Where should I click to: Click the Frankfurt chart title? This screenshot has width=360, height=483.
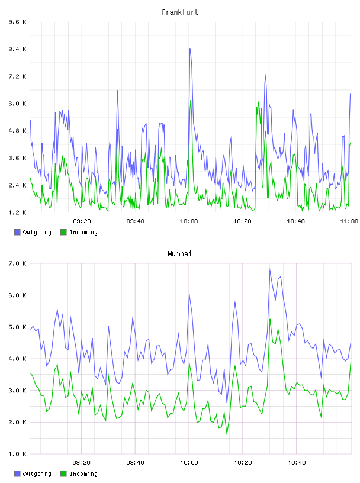(180, 12)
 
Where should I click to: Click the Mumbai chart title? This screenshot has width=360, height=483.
(179, 254)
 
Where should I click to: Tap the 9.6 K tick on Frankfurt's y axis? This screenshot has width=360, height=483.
(18, 22)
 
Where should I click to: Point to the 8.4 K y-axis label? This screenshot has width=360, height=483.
(18, 49)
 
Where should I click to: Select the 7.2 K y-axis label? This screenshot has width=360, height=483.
(18, 76)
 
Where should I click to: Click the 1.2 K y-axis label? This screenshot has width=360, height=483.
(18, 212)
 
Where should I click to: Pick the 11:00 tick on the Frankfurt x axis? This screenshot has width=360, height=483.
(349, 221)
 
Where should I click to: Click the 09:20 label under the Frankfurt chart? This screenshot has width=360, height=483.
(82, 221)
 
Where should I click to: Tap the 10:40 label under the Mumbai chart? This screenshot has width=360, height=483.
(297, 462)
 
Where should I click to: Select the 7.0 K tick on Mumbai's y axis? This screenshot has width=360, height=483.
(18, 263)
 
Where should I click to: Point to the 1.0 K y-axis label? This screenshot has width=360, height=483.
(18, 454)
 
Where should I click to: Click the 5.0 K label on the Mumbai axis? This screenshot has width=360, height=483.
(18, 327)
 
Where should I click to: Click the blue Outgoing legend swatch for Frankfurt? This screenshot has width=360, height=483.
(17, 232)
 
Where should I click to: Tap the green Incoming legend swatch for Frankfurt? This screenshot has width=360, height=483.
(63, 232)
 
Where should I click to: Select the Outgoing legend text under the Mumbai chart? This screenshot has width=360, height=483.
(37, 474)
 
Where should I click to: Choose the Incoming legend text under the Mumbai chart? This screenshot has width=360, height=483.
(83, 474)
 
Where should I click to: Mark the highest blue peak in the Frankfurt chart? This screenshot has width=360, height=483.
(190, 49)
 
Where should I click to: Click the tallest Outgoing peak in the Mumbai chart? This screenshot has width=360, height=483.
(270, 270)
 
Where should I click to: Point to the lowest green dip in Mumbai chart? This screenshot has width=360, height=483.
(227, 434)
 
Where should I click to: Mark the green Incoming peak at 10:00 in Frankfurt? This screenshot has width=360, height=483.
(191, 101)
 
